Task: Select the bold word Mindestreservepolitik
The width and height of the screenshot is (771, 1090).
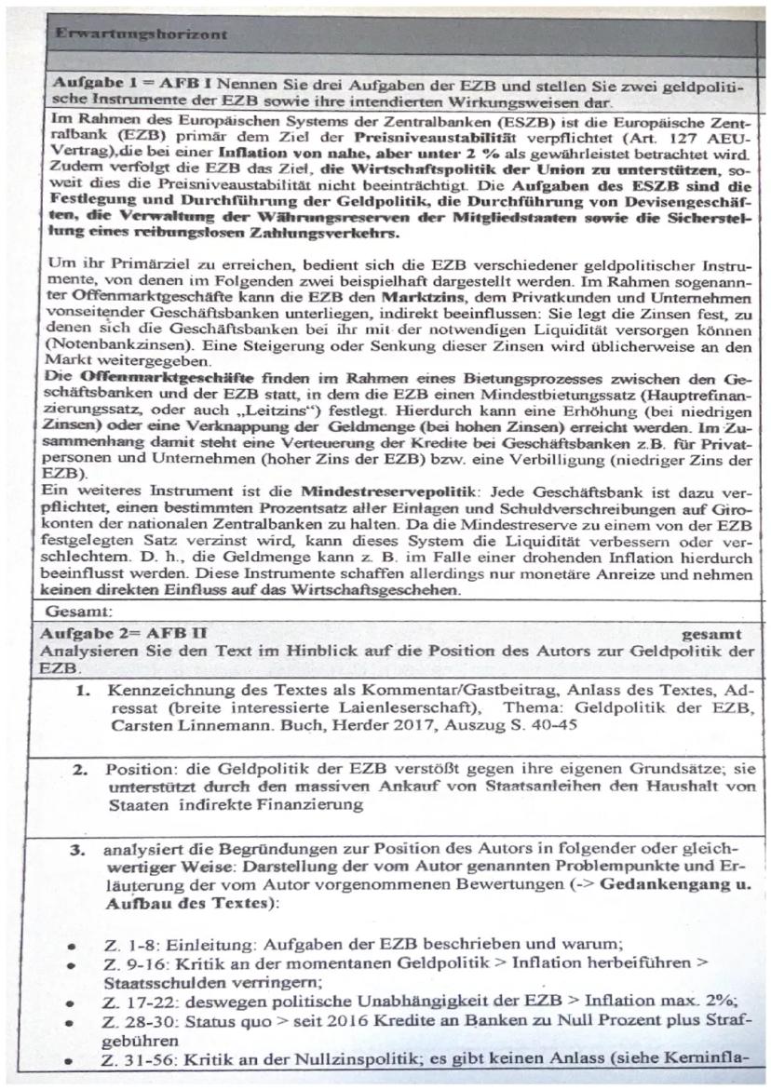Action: click(373, 489)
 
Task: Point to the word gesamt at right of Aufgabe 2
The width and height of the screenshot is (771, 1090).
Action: click(711, 633)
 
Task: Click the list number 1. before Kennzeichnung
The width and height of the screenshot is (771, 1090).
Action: click(82, 691)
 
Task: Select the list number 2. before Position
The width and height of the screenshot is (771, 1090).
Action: click(82, 770)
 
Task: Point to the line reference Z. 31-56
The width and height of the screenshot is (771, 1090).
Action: click(132, 1058)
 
